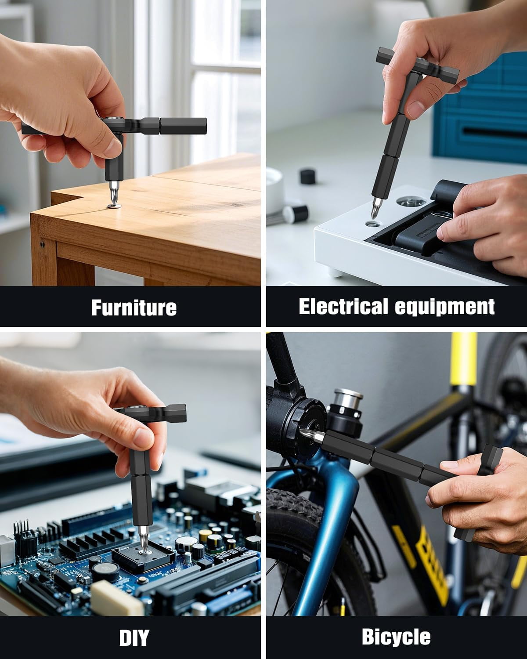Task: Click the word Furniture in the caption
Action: [134, 307]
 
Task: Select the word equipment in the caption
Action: [444, 307]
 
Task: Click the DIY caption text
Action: [134, 637]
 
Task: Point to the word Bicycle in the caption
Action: [396, 637]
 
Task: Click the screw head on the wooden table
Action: [114, 206]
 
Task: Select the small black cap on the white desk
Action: [308, 176]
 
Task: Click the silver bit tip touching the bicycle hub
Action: [312, 435]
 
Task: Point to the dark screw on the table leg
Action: [42, 244]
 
